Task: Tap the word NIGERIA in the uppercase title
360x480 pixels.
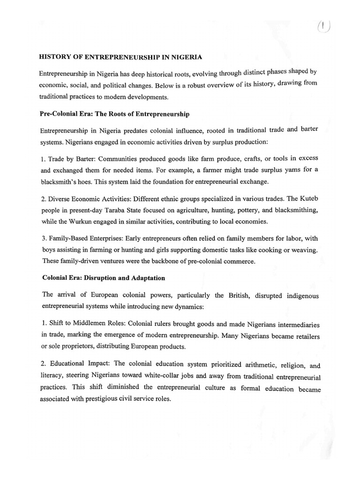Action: point(186,57)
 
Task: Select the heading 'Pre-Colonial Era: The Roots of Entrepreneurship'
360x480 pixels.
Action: point(114,114)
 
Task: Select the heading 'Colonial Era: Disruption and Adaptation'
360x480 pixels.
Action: point(104,278)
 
